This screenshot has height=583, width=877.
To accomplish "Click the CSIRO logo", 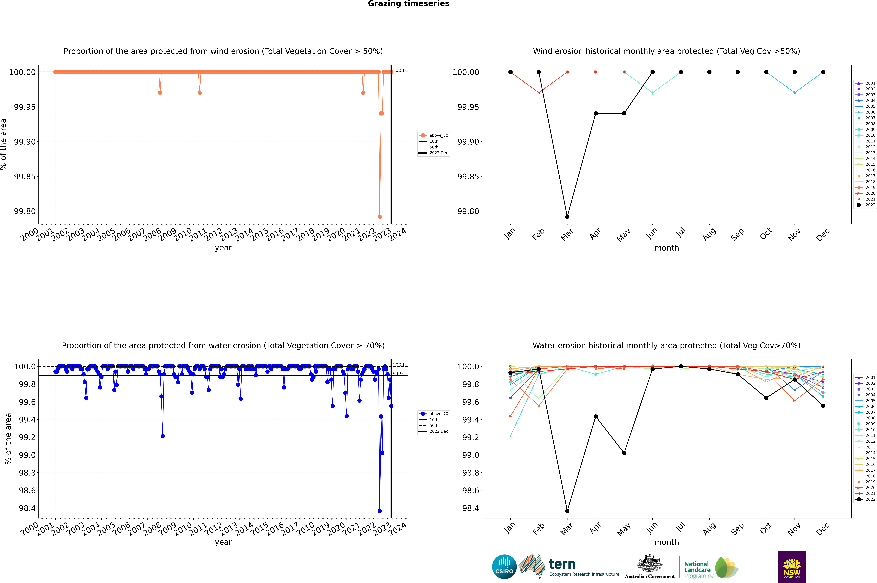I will [504, 567].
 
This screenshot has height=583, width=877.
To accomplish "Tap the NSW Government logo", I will [792, 567].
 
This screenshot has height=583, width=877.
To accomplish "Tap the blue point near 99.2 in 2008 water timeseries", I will [162, 436].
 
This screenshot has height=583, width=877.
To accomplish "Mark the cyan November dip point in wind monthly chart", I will [794, 93].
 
